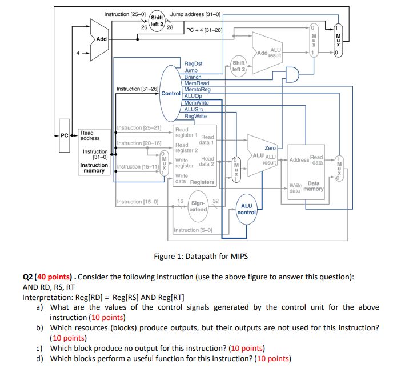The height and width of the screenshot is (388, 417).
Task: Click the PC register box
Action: tap(65, 136)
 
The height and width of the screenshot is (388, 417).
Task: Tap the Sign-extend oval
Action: tap(198, 206)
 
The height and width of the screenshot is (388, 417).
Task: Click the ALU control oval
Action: tap(247, 209)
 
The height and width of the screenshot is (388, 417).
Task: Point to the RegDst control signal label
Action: tap(193, 63)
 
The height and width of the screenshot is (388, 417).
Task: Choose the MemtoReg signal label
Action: tap(197, 89)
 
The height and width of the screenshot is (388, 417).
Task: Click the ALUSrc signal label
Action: tap(194, 109)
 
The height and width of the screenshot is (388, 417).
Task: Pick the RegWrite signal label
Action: tap(195, 116)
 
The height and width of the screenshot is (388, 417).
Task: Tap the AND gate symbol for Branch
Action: tap(292, 74)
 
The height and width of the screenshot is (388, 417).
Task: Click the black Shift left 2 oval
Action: tap(157, 21)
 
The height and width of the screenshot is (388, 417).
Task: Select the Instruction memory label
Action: tap(94, 167)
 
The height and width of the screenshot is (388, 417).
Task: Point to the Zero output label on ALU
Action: tap(270, 148)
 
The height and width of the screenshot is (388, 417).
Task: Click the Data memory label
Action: tap(314, 186)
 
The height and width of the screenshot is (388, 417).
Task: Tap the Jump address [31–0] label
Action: tap(195, 14)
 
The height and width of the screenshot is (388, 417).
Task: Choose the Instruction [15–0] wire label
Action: tap(138, 202)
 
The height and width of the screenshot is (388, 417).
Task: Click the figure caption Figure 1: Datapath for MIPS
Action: tap(201, 256)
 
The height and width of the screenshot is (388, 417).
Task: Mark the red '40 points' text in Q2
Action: tap(54, 277)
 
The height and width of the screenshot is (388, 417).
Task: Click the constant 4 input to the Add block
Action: tap(78, 53)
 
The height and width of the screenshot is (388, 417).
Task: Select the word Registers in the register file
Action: tap(202, 182)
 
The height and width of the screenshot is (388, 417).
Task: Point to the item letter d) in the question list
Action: tap(39, 358)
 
